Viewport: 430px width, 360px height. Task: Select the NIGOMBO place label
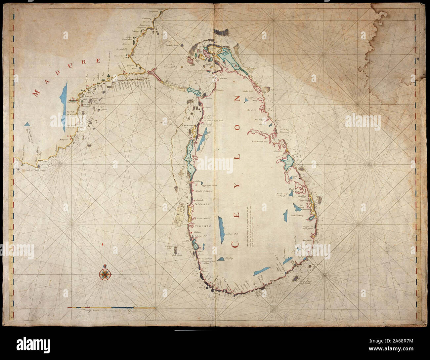tap(202, 204)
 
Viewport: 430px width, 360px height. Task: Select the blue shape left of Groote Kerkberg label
tap(284, 217)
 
